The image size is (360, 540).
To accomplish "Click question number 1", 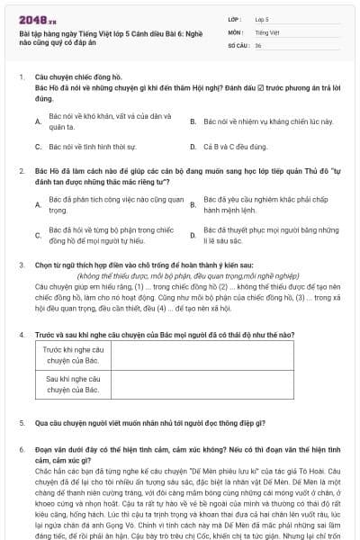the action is (22, 77).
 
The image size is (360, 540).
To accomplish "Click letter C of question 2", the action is (38, 235).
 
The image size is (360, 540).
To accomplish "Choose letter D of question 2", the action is (193, 235).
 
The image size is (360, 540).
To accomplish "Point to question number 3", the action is (22, 265).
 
